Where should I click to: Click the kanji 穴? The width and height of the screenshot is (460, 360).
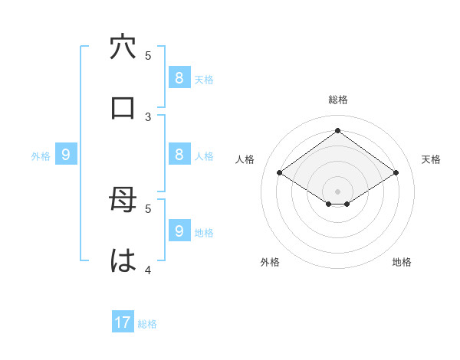click(x=123, y=47)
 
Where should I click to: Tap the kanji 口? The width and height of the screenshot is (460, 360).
click(x=123, y=108)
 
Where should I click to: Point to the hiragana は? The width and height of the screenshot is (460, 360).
click(x=123, y=260)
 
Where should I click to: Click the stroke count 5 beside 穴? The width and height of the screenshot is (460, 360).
click(x=148, y=55)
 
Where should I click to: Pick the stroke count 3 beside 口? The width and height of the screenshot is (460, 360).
click(x=148, y=116)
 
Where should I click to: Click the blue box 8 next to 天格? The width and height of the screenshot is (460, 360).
click(x=179, y=77)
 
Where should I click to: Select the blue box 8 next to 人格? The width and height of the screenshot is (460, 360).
click(x=179, y=154)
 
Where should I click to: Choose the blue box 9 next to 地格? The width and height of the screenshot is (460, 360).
click(x=179, y=231)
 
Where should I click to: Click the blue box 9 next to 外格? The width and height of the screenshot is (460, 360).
click(x=66, y=155)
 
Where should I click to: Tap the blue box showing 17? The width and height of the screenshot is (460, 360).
click(x=123, y=322)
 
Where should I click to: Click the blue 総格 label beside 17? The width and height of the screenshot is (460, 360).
click(x=147, y=324)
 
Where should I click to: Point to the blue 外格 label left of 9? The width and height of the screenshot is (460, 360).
click(x=41, y=156)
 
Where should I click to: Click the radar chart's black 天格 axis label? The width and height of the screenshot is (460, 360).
click(x=431, y=159)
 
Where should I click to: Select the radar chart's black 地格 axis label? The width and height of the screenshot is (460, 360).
click(x=402, y=262)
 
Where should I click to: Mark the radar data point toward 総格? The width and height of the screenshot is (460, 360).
click(x=337, y=130)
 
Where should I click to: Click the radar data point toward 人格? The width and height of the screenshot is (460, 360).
click(x=279, y=173)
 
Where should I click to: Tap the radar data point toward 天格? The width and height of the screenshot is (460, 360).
click(x=396, y=173)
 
